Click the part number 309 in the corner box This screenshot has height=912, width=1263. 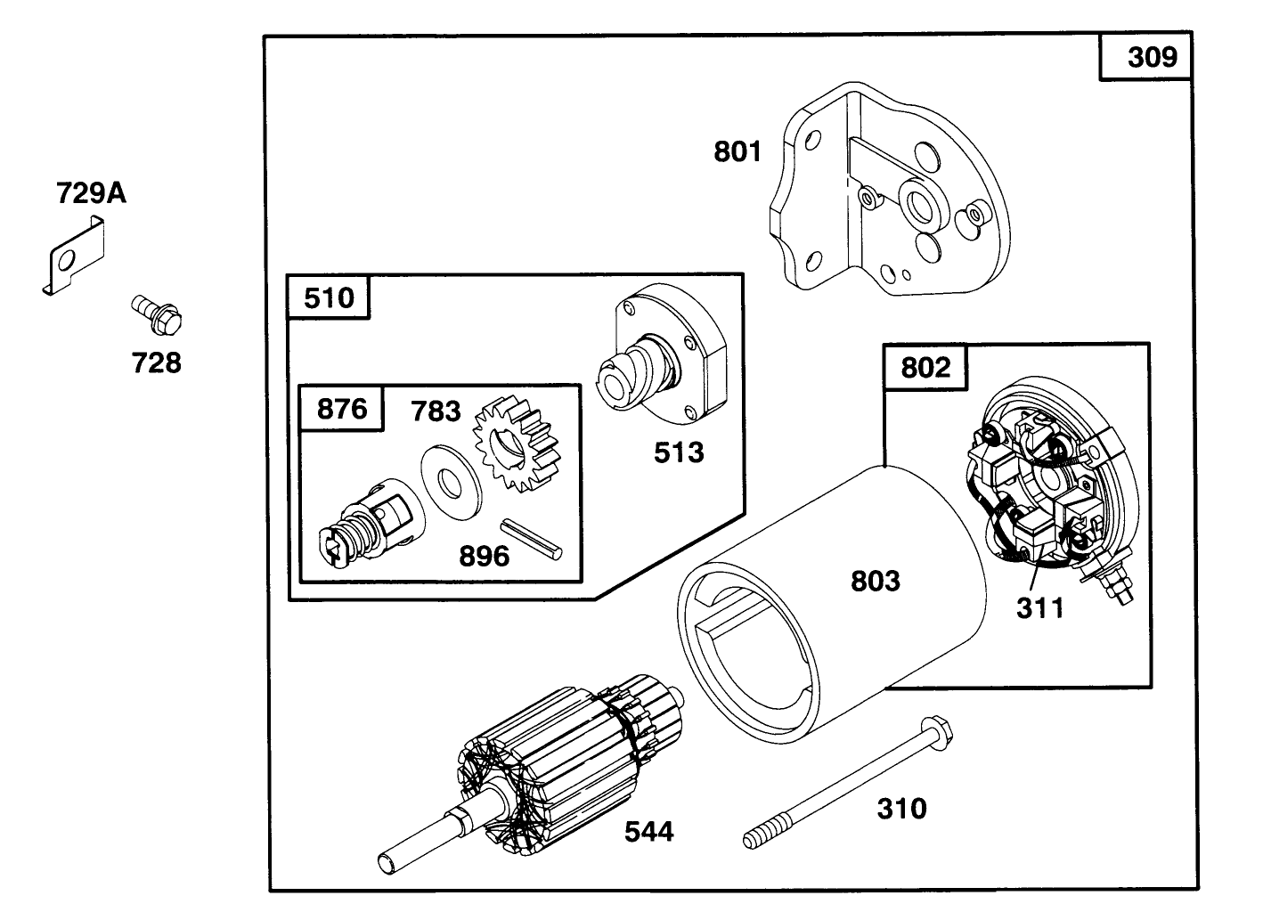(1152, 58)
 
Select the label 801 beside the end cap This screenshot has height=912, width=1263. (737, 152)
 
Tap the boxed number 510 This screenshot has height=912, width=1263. (329, 297)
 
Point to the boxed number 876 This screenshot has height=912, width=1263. (342, 409)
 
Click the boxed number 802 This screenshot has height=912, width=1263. (925, 367)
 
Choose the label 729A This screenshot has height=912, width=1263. (91, 193)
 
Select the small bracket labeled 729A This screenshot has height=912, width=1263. (75, 259)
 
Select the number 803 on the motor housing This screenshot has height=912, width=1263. (876, 582)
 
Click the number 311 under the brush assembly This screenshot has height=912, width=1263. (1039, 608)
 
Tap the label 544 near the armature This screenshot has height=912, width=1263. (648, 832)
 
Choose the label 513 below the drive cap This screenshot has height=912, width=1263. (679, 452)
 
